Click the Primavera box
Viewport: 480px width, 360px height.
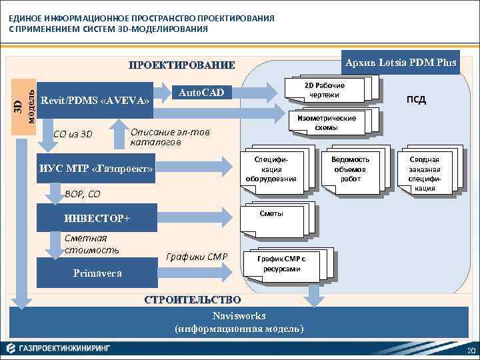click(97, 273)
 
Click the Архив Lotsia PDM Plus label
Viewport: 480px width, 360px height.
click(399, 63)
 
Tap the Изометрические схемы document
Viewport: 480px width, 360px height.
click(325, 122)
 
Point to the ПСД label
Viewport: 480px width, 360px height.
click(417, 100)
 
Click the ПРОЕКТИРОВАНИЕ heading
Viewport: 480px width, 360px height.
click(181, 65)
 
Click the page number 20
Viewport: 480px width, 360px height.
click(471, 352)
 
